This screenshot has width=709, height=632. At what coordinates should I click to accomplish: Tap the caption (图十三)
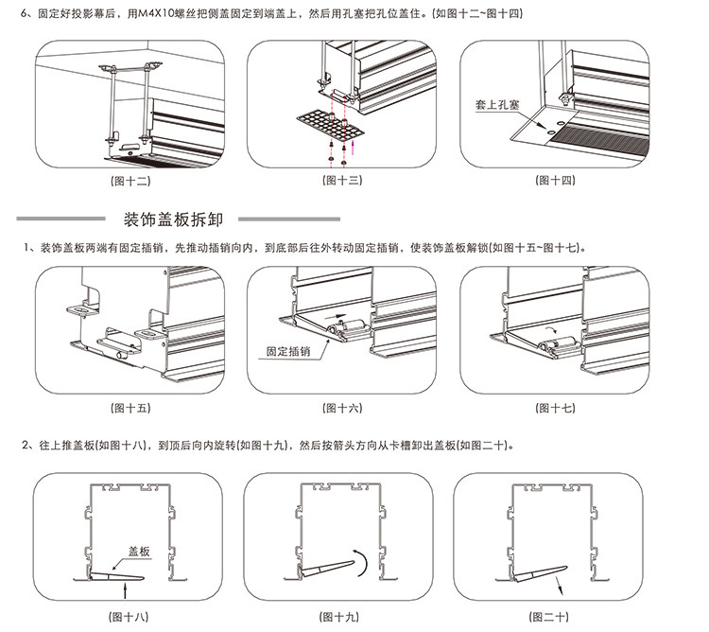click(x=342, y=180)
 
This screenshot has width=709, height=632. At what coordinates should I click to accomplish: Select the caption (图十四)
click(x=554, y=180)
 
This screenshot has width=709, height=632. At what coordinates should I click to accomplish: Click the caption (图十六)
click(x=342, y=409)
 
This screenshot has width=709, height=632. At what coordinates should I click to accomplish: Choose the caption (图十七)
click(x=554, y=409)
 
